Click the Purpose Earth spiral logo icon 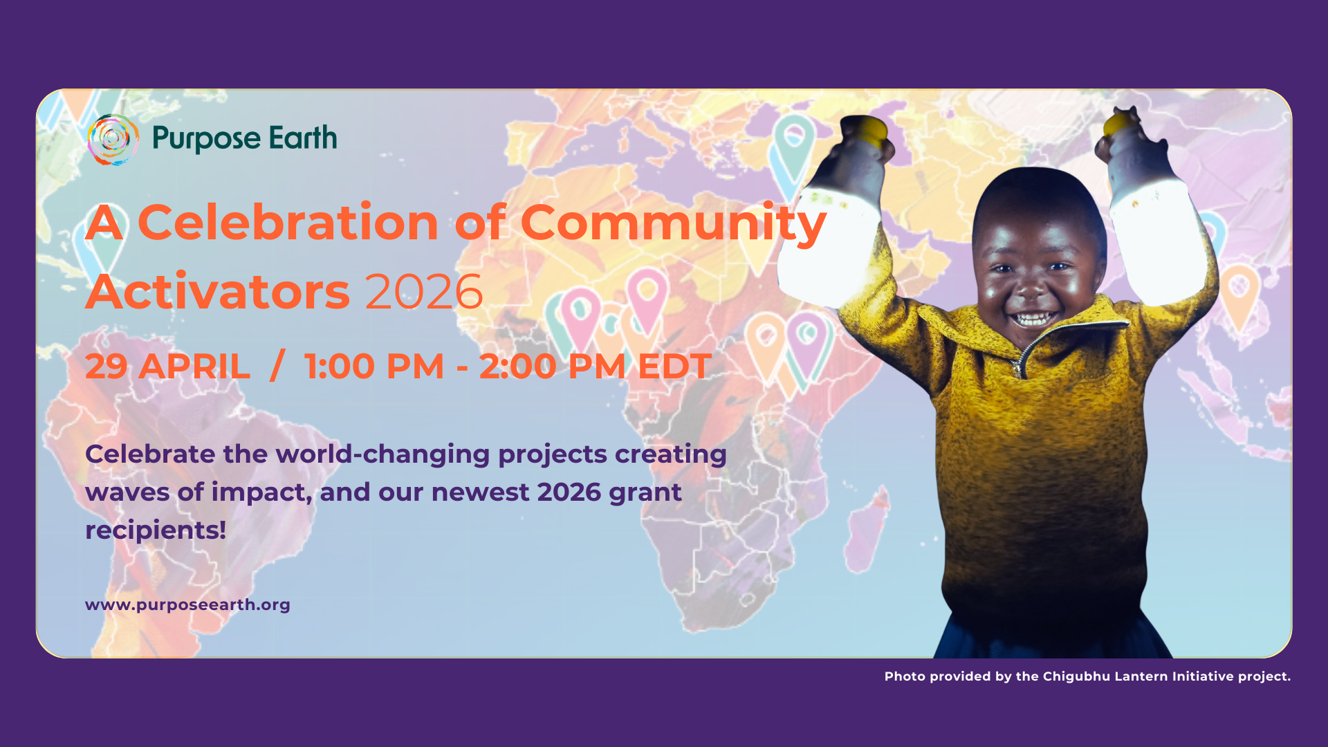click(x=113, y=139)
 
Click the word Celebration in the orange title click(x=288, y=223)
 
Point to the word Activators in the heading click(x=218, y=292)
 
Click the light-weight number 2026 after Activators click(x=423, y=292)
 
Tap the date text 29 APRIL click(x=167, y=367)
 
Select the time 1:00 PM click(x=374, y=367)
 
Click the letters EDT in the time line click(x=674, y=367)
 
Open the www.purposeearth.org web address click(x=187, y=605)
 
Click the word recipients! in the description click(x=156, y=531)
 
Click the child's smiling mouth click(x=1033, y=319)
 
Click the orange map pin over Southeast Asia click(x=1239, y=295)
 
